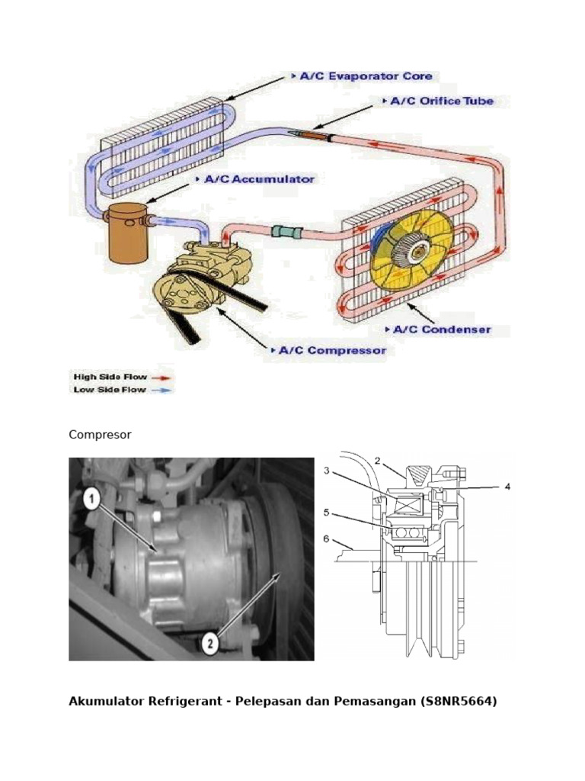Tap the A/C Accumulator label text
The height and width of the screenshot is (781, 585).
(259, 179)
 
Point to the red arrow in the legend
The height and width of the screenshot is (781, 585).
(161, 377)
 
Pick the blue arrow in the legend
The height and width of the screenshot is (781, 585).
(161, 390)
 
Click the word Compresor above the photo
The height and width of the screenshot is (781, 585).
(100, 435)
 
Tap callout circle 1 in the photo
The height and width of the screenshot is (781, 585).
(91, 500)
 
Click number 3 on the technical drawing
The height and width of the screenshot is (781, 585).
(326, 471)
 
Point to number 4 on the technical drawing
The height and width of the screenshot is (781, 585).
(507, 485)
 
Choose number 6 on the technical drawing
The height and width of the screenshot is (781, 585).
(326, 538)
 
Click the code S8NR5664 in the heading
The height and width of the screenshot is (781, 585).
(458, 701)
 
